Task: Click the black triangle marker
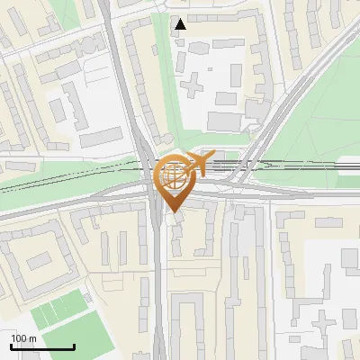point(181,24)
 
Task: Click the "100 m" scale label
point(24,337)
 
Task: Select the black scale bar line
point(42,347)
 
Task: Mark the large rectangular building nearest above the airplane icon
point(224,121)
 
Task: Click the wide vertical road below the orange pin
point(159,288)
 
